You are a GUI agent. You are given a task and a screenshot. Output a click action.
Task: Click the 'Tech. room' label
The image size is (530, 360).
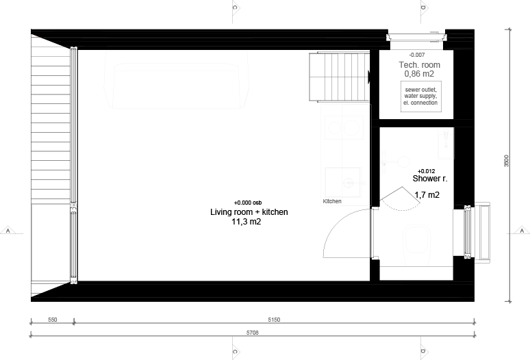[x=420, y=65]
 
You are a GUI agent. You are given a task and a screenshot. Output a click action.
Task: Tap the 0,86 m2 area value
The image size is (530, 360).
[x=419, y=74]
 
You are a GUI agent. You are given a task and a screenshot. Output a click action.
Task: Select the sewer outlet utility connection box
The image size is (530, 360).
[x=421, y=97]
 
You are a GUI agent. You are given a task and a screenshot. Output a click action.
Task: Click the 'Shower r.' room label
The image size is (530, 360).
[x=430, y=179]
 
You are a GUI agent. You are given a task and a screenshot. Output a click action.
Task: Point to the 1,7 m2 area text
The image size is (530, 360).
[x=427, y=195]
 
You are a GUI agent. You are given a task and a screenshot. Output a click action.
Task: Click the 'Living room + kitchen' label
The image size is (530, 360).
[x=249, y=212]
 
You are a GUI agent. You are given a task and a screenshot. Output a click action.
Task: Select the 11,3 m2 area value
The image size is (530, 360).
[x=246, y=222]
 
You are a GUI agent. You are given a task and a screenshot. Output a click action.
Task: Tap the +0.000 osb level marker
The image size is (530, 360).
[x=248, y=203]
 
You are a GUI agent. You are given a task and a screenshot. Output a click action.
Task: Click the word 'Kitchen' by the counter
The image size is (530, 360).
[x=332, y=201]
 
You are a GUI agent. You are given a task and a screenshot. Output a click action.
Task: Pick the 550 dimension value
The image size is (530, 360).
[x=53, y=320]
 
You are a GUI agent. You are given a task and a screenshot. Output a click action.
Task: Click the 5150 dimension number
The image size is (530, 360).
[x=274, y=320]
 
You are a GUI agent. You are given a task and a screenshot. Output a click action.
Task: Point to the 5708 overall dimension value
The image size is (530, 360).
[x=253, y=333]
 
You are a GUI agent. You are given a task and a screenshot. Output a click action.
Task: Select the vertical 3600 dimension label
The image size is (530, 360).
[x=506, y=161]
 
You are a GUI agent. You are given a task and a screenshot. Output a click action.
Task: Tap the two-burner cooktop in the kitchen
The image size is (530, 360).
[x=344, y=128]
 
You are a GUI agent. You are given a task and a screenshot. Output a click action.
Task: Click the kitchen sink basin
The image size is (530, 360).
[x=343, y=182]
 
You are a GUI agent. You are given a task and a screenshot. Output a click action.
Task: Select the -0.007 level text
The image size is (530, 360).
[x=417, y=55]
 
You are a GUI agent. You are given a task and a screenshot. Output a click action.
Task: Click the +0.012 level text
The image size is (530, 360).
[x=426, y=171]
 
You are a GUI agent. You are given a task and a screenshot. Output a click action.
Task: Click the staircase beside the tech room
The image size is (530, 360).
[x=340, y=77]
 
